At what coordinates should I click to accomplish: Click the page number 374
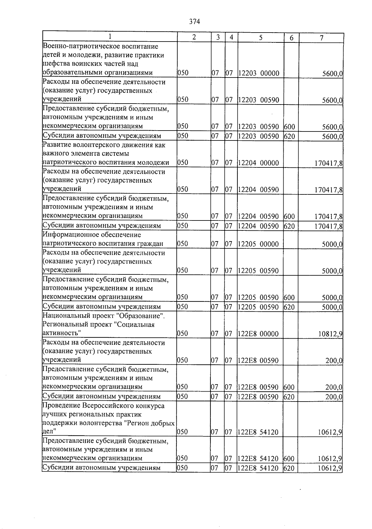[x=194, y=21]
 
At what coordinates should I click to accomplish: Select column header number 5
[x=261, y=38]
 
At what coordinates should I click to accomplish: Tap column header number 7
[x=321, y=38]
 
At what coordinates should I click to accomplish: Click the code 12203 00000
[x=259, y=73]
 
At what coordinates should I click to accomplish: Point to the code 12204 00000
[x=259, y=163]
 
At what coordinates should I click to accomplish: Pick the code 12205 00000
[x=259, y=244]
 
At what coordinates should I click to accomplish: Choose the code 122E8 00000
[x=259, y=334]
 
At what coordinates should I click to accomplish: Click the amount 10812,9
[x=330, y=334]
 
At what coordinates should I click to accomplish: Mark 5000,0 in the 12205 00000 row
[x=332, y=245]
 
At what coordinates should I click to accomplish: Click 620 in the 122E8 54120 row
[x=289, y=468]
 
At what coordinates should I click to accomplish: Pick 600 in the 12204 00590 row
[x=289, y=216]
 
